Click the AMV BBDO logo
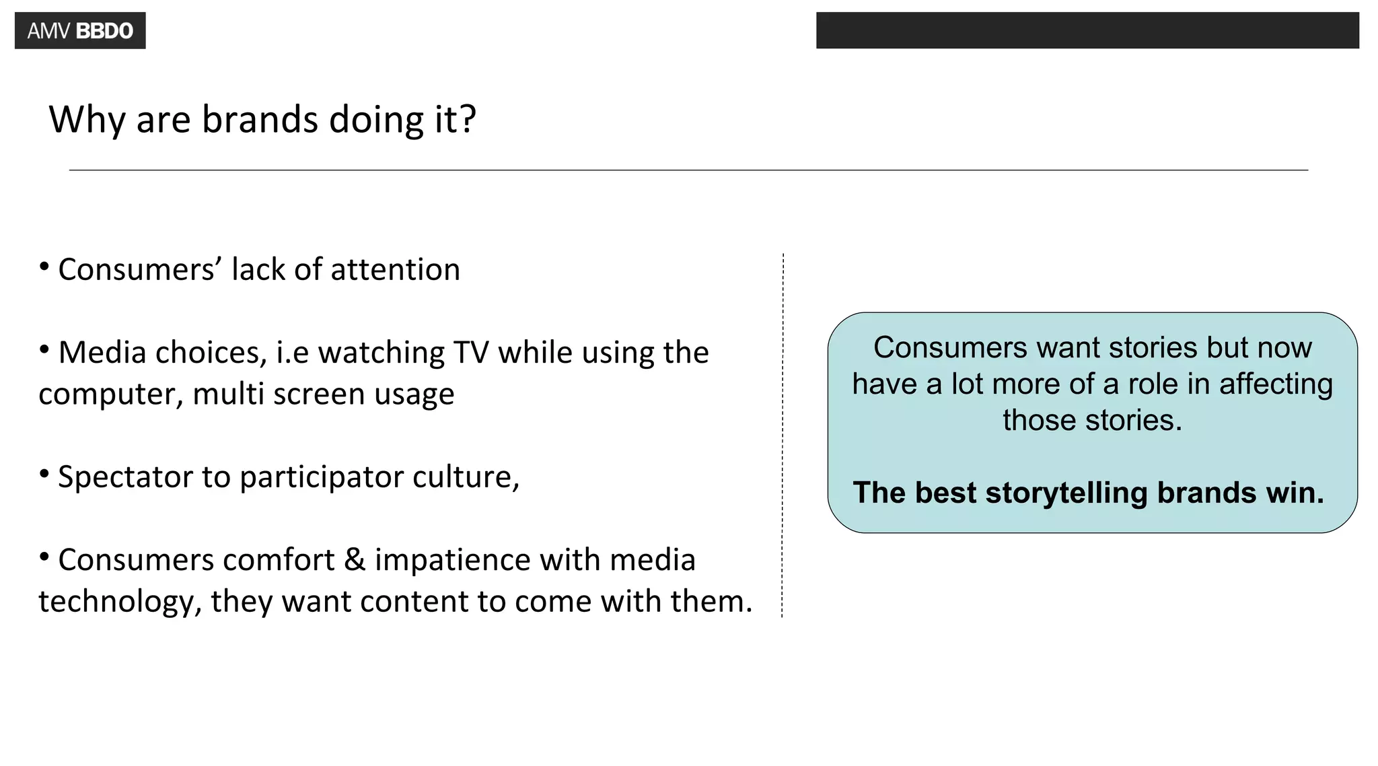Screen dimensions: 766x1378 pyautogui.click(x=80, y=31)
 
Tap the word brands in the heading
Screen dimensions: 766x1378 pyautogui.click(x=260, y=120)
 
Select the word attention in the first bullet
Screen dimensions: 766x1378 pyautogui.click(x=395, y=270)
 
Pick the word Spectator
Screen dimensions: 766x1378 pyautogui.click(x=125, y=477)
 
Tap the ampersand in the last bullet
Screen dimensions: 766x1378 pyautogui.click(x=355, y=560)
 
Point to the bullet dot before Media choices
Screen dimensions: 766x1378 pyautogui.click(x=44, y=350)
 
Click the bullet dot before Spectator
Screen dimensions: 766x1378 pyautogui.click(x=44, y=475)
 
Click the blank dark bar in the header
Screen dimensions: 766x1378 pyautogui.click(x=1087, y=30)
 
